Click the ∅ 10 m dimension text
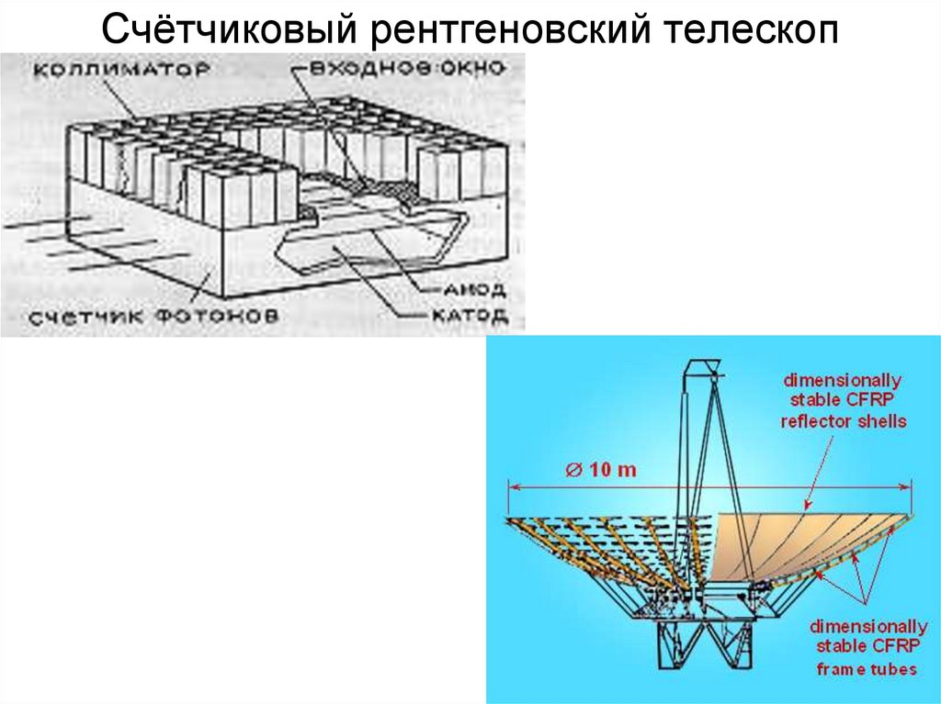[601, 469]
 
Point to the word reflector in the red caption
[811, 421]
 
